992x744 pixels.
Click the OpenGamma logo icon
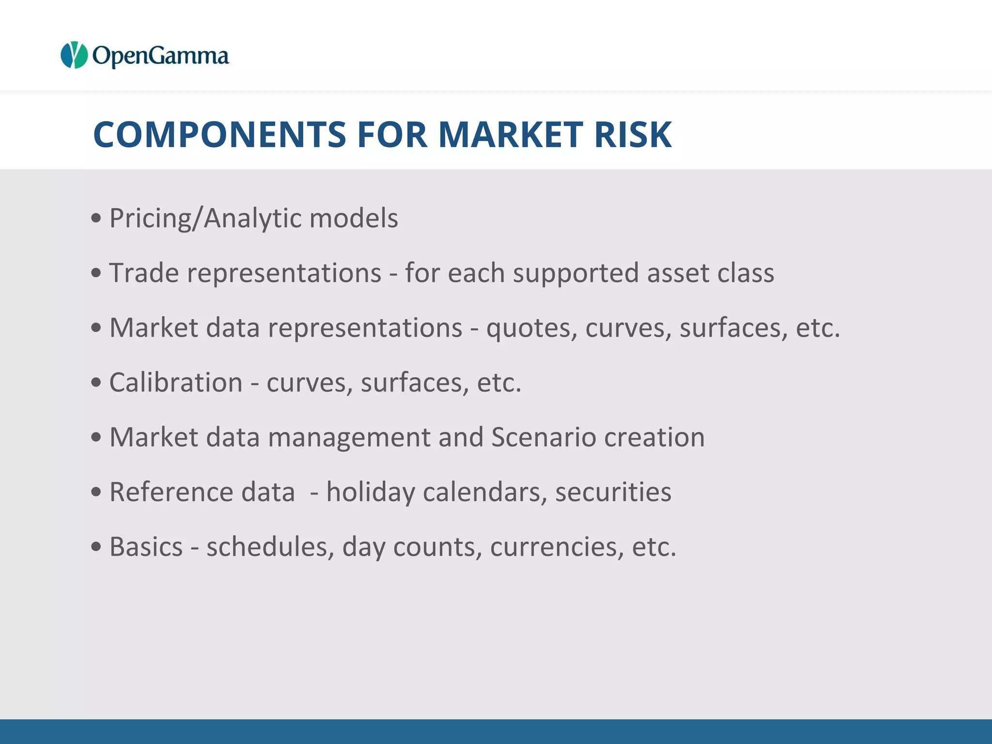coord(74,55)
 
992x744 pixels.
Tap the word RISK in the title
coord(633,134)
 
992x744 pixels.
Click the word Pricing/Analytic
coord(205,218)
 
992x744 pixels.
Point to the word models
coord(354,218)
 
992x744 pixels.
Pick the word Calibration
coord(176,383)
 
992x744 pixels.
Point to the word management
coord(349,438)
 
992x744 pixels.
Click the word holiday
coord(371,493)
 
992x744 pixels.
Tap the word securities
coord(613,492)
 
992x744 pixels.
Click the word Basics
coord(146,547)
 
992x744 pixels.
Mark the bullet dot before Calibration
coord(96,383)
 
